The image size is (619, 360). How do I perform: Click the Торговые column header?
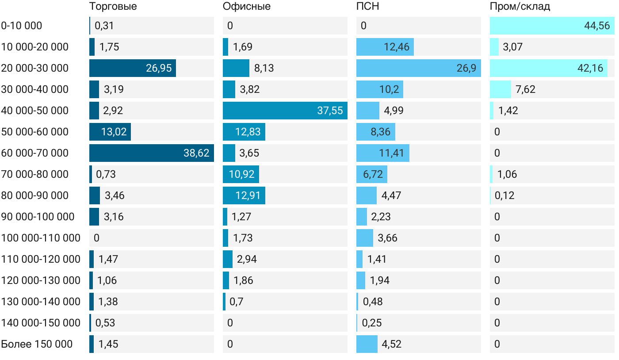(x=113, y=7)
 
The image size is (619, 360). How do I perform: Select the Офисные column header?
(x=246, y=7)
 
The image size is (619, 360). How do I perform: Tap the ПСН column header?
(x=367, y=7)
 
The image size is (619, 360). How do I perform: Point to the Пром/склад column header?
(x=520, y=7)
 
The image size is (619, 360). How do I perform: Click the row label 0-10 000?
(x=22, y=26)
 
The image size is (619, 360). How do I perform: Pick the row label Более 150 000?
(x=37, y=344)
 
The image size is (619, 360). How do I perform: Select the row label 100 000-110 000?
(x=41, y=238)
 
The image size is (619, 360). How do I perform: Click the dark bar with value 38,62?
(x=151, y=153)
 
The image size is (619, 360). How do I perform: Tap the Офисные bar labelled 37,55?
(x=285, y=111)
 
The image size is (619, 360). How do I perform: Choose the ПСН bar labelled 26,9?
(x=418, y=68)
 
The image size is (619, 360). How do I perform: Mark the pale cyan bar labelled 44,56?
(x=552, y=26)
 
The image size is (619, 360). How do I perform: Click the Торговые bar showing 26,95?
(x=132, y=68)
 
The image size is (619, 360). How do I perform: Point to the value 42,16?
(x=590, y=68)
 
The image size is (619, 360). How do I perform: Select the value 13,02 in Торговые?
(x=114, y=132)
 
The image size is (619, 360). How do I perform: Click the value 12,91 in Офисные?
(x=248, y=195)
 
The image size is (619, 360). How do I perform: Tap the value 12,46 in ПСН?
(x=396, y=47)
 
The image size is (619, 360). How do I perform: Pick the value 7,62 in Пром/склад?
(x=525, y=89)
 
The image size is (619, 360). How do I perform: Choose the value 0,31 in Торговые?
(x=104, y=26)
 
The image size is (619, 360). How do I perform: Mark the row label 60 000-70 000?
(x=35, y=153)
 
